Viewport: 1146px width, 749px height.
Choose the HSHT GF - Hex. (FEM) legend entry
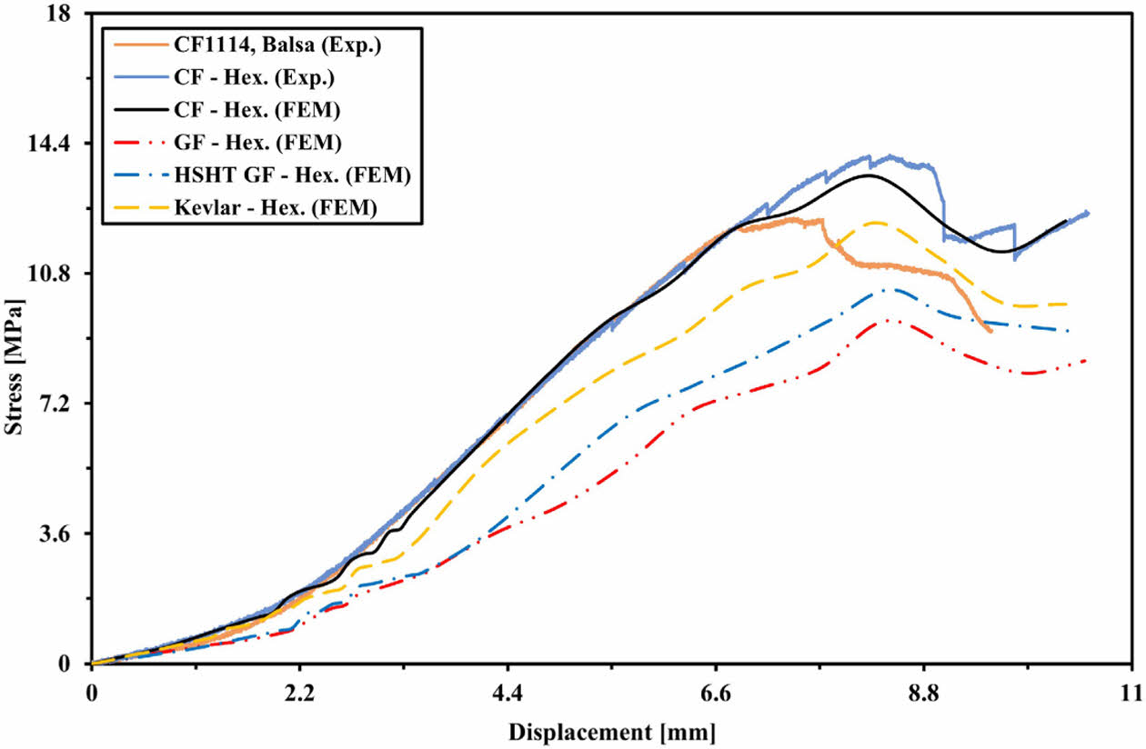[293, 175]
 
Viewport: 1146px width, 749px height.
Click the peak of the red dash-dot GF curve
[887, 319]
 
